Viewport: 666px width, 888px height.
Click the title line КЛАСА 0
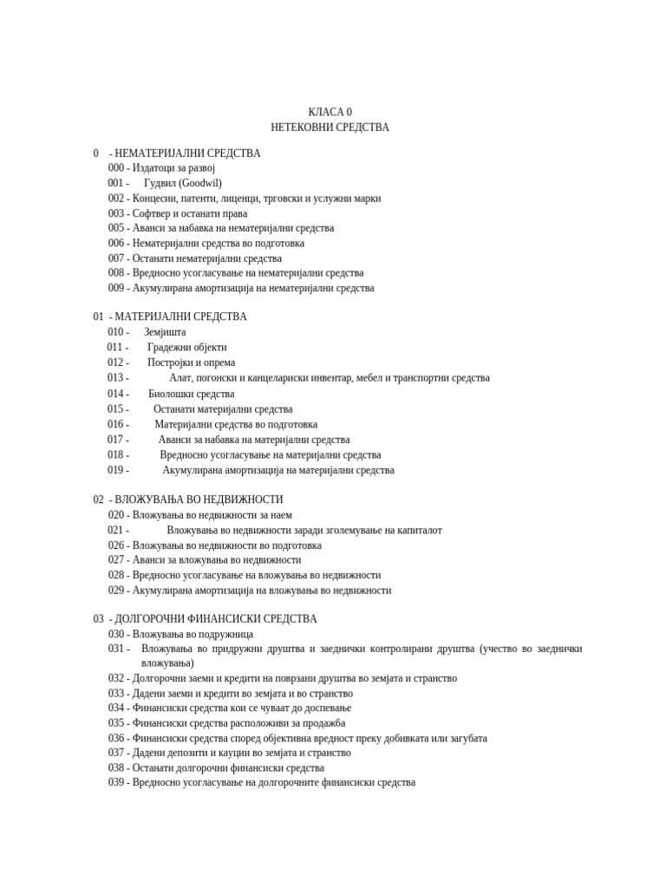coord(330,112)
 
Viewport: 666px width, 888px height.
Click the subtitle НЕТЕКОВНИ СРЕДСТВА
coord(330,127)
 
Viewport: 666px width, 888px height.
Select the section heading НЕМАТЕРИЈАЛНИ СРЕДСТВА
coord(187,153)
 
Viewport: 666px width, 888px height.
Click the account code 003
coord(116,213)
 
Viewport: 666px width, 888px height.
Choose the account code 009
coord(116,288)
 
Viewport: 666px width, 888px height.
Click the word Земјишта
coord(165,332)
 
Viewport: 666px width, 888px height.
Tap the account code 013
coord(116,378)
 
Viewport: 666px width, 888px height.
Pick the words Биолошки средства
coord(192,394)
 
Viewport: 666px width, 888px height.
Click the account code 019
coord(116,470)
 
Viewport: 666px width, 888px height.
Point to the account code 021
coord(116,530)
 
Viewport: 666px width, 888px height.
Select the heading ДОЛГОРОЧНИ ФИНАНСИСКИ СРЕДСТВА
coord(216,619)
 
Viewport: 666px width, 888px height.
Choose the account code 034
coord(116,708)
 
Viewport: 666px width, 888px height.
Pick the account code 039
coord(116,782)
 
